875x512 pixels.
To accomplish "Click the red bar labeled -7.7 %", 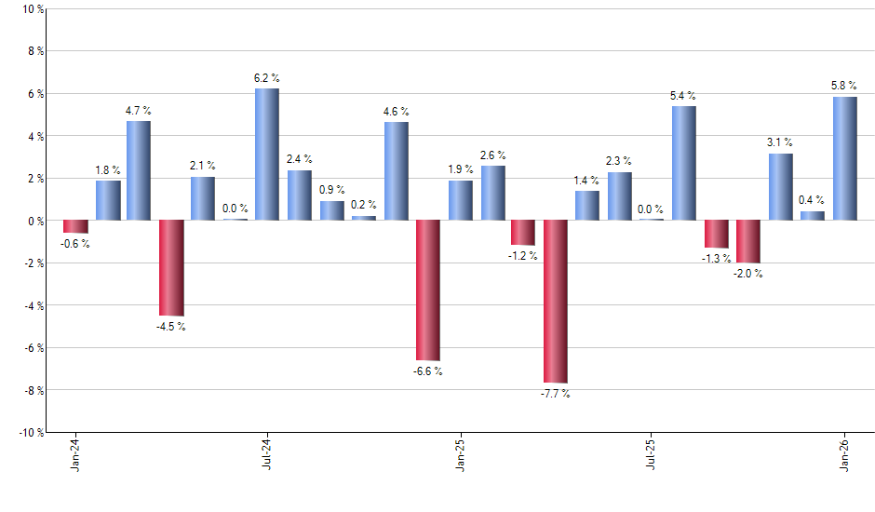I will point(556,301).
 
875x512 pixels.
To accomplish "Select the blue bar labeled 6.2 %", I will point(267,155).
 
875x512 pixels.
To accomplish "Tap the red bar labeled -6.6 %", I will point(427,290).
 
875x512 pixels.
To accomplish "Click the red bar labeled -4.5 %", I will point(171,268).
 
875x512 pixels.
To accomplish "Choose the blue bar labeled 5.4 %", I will point(684,163).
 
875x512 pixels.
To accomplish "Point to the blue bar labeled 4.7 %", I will point(139,170).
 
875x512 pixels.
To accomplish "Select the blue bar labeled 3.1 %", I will point(780,187).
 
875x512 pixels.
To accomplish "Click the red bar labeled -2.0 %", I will point(748,241).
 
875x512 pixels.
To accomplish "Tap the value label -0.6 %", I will point(74,244).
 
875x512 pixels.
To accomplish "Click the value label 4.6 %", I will point(396,112).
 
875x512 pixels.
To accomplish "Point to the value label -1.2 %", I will point(523,256).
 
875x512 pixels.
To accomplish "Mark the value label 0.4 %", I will point(812,200).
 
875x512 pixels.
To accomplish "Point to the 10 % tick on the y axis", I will point(32,9).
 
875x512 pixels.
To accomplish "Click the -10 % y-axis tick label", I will point(29,432).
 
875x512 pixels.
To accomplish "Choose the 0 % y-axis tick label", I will point(34,221).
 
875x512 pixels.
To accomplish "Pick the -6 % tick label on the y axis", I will point(32,347).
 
